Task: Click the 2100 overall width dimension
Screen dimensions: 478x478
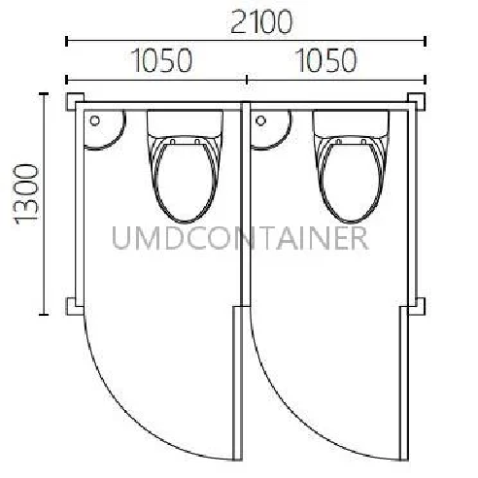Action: pyautogui.click(x=261, y=22)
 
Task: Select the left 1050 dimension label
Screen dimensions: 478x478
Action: pyautogui.click(x=162, y=60)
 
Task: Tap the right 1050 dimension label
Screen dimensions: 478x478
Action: pyautogui.click(x=326, y=60)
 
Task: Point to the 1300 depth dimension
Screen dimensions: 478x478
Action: pyautogui.click(x=27, y=194)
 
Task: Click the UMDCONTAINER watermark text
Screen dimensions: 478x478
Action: pyautogui.click(x=240, y=238)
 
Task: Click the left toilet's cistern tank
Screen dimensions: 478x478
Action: pyautogui.click(x=186, y=122)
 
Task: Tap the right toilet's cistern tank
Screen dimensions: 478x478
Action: pyautogui.click(x=351, y=122)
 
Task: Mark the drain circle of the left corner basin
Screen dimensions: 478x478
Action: pyautogui.click(x=95, y=120)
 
